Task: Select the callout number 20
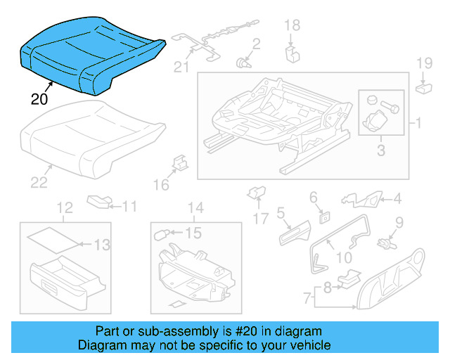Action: [x=39, y=99]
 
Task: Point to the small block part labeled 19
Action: [x=423, y=88]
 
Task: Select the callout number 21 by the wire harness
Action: [x=182, y=67]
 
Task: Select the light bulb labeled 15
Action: [x=172, y=233]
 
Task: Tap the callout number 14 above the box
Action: [x=195, y=207]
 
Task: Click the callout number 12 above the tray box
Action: [x=65, y=207]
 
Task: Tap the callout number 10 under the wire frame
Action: [x=344, y=258]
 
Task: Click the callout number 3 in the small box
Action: [x=380, y=150]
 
